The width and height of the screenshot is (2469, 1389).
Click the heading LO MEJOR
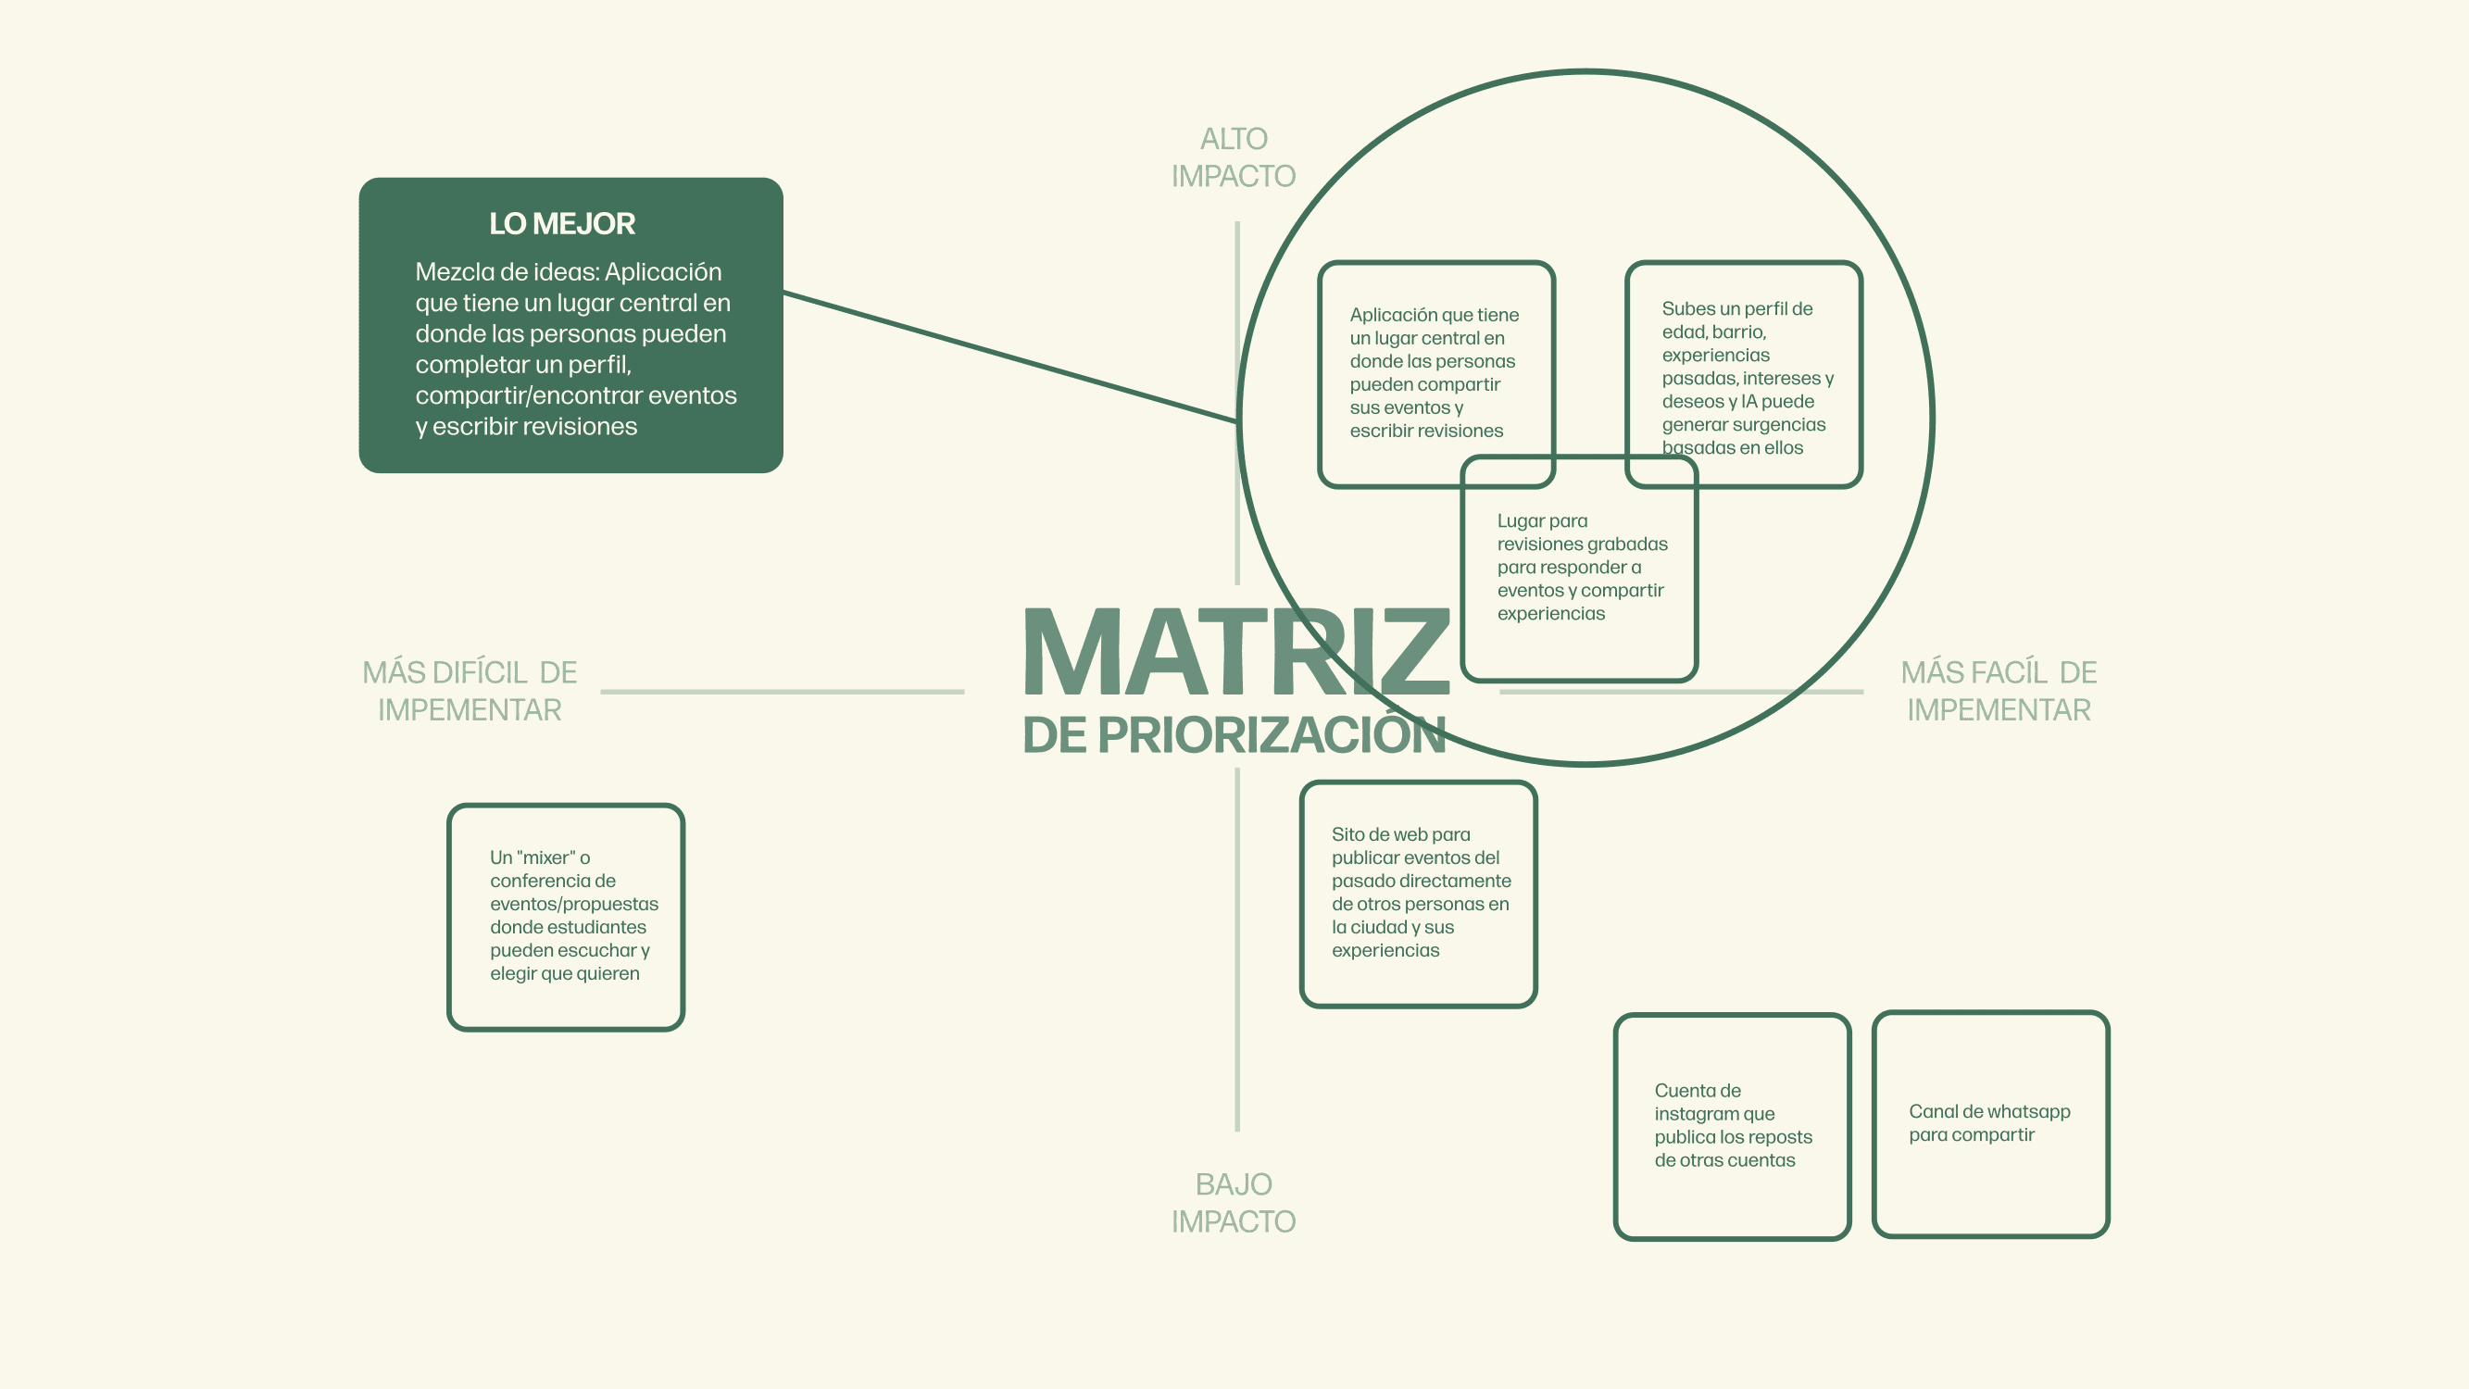[x=561, y=223]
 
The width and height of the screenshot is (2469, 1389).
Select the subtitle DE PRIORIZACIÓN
[x=1233, y=735]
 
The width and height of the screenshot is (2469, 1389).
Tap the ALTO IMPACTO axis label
[x=1234, y=157]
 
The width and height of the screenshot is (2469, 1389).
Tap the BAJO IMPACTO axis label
[x=1234, y=1203]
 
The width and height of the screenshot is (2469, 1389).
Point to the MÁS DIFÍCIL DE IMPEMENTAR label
[x=469, y=691]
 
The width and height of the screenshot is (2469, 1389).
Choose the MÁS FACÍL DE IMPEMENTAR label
[x=1999, y=691]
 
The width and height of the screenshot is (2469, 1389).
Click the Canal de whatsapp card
[x=1990, y=1123]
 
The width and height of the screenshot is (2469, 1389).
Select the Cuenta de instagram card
[x=1732, y=1125]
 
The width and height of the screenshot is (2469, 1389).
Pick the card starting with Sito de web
[x=1419, y=894]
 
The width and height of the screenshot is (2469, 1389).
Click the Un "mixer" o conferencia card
[x=566, y=917]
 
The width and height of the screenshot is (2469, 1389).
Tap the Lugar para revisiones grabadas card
[x=1580, y=568]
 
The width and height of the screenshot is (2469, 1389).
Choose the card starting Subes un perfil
[x=1745, y=374]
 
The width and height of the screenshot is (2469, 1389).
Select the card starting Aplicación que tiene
[x=1435, y=372]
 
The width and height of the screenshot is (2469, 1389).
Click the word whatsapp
[x=2028, y=1112]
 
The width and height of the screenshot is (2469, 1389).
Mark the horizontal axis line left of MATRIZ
[x=781, y=691]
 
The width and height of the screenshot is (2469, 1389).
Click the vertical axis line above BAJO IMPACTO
[x=1237, y=949]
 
